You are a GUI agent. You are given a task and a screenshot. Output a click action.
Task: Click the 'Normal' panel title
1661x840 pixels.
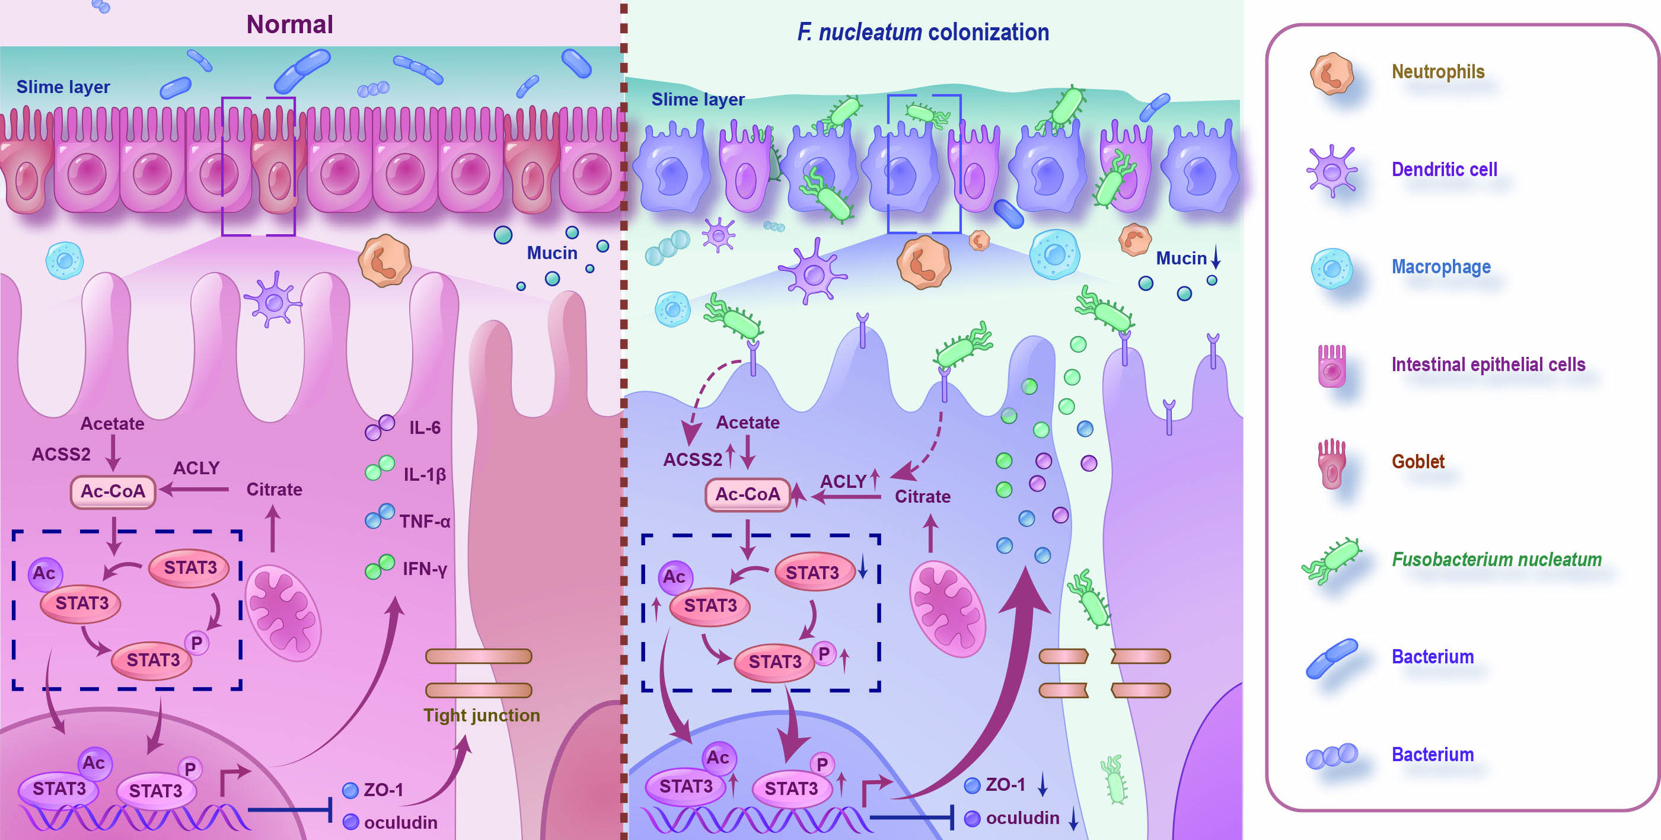click(289, 24)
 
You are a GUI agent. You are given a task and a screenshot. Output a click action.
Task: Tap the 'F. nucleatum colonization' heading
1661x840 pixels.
click(923, 31)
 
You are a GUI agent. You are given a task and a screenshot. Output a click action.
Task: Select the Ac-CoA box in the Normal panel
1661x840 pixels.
click(113, 492)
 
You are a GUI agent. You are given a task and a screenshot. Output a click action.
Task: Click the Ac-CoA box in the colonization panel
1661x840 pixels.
click(747, 494)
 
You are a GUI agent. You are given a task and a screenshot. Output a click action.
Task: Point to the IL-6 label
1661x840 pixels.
click(425, 428)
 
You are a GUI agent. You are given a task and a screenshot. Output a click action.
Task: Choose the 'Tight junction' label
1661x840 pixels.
click(481, 715)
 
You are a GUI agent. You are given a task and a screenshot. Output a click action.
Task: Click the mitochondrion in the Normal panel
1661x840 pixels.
click(283, 612)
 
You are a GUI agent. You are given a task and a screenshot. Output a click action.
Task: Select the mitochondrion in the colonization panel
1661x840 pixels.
click(946, 609)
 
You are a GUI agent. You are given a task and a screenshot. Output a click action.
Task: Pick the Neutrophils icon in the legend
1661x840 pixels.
click(1331, 74)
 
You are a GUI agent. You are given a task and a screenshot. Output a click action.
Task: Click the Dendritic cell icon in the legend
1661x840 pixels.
click(1331, 171)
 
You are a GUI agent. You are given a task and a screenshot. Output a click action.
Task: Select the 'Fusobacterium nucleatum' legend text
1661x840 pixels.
click(1496, 559)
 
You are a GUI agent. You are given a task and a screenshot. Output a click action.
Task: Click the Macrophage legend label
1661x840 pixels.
click(1440, 267)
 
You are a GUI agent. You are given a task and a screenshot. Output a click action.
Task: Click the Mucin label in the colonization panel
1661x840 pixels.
click(1181, 258)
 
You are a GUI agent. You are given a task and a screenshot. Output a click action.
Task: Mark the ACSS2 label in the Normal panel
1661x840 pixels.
click(61, 455)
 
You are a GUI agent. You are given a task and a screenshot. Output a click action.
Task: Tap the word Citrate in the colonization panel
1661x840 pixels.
click(922, 496)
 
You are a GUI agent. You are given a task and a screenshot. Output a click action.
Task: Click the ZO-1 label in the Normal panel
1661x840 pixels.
click(383, 790)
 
